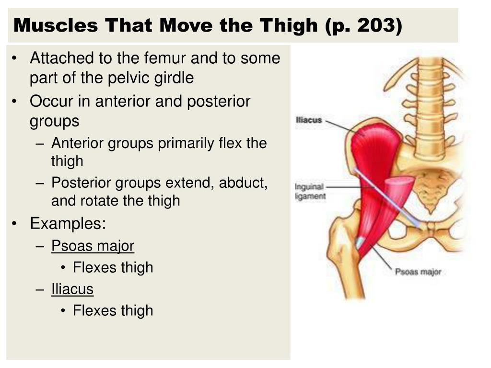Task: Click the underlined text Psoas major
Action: coord(93,246)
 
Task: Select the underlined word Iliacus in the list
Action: coord(72,289)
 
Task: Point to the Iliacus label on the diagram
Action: coord(309,120)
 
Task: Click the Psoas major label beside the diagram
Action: coord(418,272)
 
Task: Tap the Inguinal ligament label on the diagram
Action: coord(310,191)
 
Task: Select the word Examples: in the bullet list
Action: coord(68,223)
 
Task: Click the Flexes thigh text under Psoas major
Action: coord(113,267)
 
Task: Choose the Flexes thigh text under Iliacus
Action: coord(113,310)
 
